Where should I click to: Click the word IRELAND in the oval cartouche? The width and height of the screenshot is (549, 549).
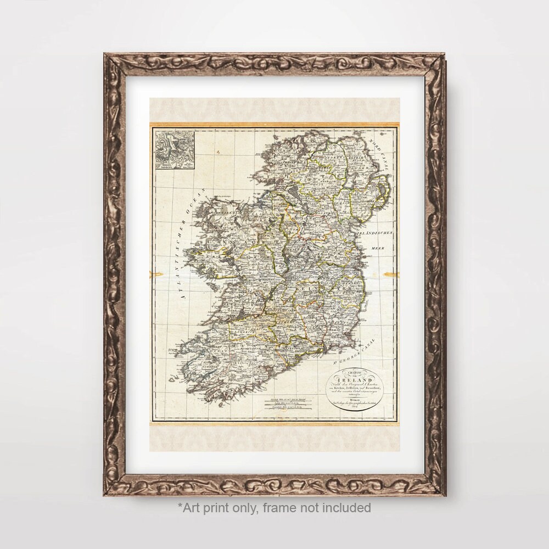click(355, 379)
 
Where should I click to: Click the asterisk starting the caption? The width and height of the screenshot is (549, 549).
click(179, 506)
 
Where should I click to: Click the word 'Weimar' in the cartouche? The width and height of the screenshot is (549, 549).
click(355, 401)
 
